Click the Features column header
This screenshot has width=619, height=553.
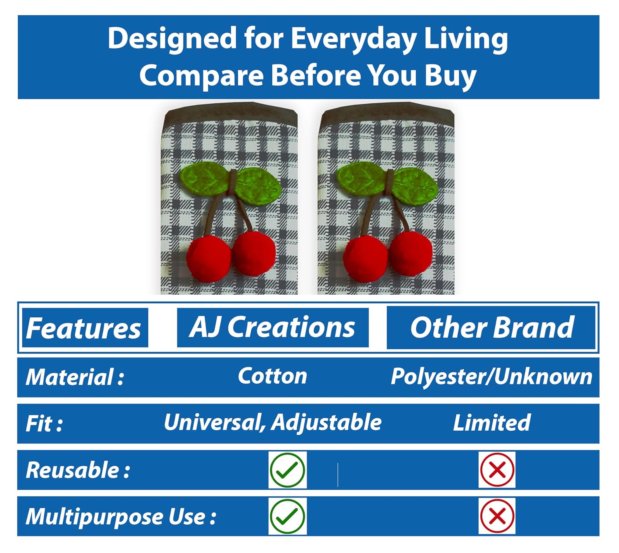click(x=83, y=328)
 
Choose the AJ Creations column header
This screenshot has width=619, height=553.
click(x=272, y=327)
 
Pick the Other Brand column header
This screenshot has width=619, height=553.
click(x=492, y=327)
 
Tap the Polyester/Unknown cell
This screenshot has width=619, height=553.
click(x=491, y=377)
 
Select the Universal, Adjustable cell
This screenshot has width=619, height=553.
click(x=272, y=423)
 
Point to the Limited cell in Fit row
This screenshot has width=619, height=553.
click(x=491, y=423)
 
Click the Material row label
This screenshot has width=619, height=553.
click(x=75, y=377)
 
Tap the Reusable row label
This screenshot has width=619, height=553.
click(x=78, y=470)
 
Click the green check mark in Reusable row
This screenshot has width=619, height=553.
click(x=287, y=470)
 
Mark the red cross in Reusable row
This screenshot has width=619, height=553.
click(x=497, y=470)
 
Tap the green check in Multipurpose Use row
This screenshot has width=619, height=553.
click(x=287, y=517)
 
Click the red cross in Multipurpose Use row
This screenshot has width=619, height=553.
click(x=497, y=517)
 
